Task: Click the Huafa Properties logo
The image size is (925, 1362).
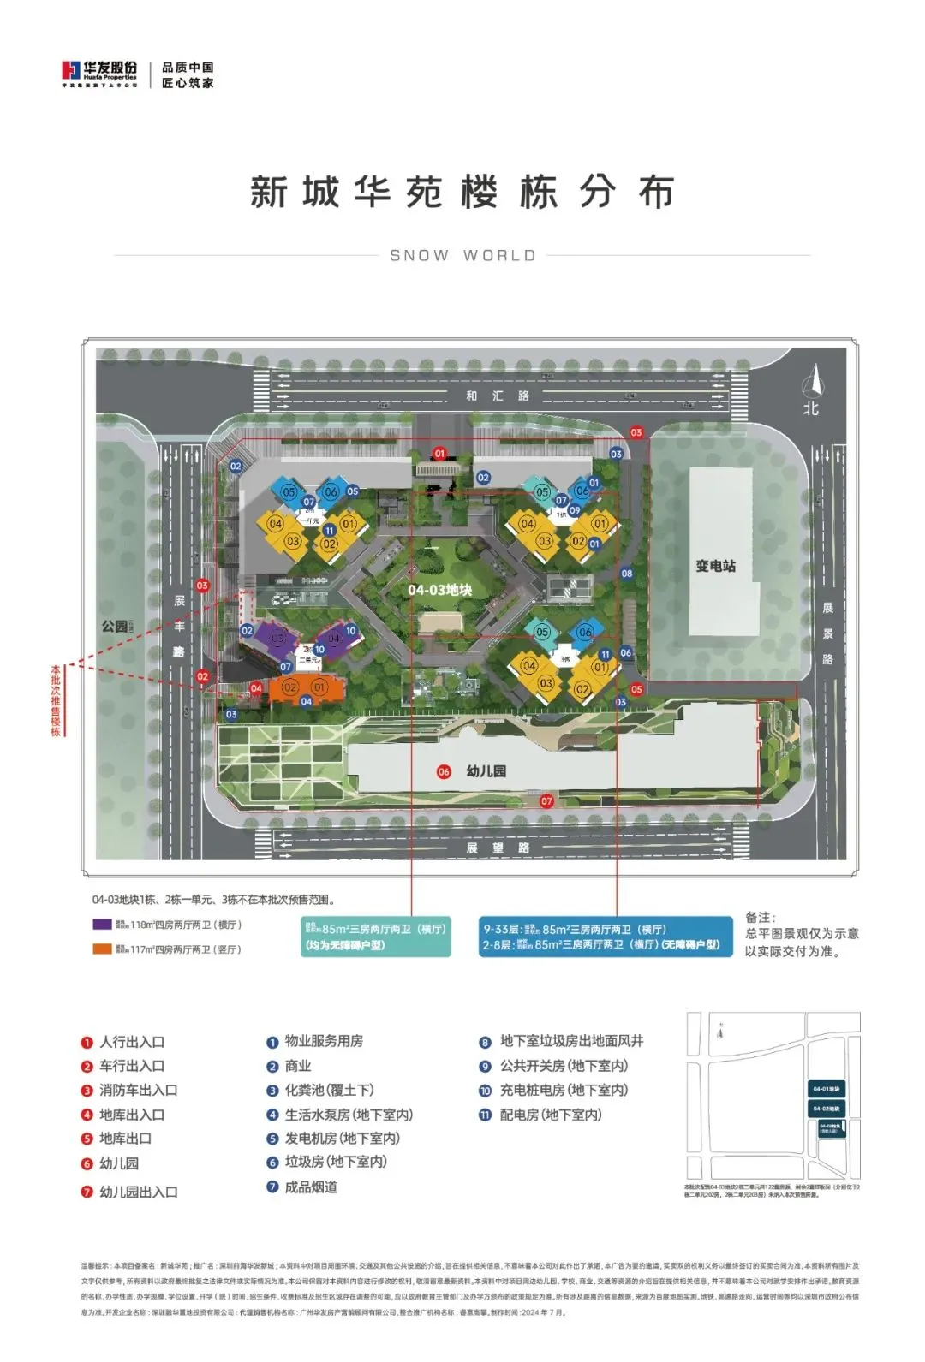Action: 99,74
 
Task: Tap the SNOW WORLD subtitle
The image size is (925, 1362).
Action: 462,255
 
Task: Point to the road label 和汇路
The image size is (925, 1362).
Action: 498,396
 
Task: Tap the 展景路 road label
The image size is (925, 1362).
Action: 827,633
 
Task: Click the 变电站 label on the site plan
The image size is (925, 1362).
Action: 715,566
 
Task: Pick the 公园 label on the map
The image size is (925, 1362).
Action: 115,627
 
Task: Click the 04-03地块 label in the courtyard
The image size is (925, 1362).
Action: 439,590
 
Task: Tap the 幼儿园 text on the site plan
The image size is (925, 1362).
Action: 486,771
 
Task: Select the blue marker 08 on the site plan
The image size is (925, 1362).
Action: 627,574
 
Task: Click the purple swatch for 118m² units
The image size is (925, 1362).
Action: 102,925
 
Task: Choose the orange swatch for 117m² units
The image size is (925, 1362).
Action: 102,949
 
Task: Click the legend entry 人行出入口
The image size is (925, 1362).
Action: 131,1042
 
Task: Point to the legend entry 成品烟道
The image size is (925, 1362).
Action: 311,1187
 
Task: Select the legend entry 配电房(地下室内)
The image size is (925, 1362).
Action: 551,1115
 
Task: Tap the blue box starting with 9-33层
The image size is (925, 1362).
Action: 606,937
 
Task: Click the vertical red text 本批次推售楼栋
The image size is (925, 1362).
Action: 56,699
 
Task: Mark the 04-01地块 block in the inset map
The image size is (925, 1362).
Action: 826,1089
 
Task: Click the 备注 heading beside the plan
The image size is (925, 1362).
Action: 760,917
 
